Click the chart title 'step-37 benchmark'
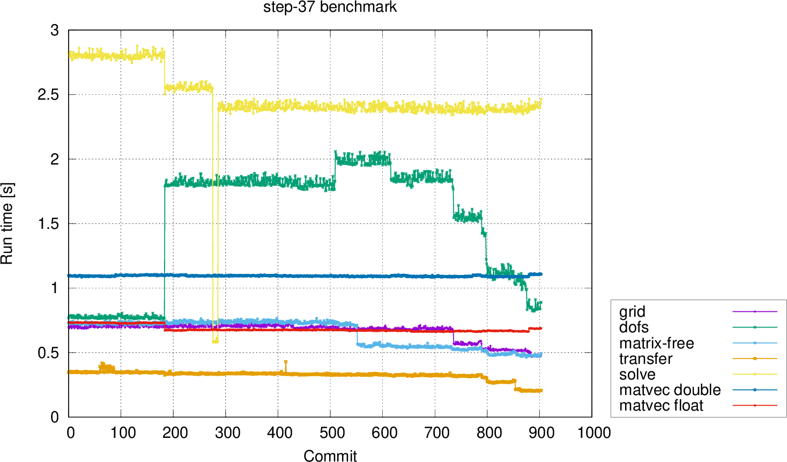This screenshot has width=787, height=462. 330,8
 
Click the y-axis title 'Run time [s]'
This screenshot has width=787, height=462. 7,223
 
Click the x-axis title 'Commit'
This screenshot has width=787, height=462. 330,455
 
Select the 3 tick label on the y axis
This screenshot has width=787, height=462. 54,31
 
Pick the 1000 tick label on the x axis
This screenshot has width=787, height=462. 593,433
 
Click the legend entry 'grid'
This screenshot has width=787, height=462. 632,311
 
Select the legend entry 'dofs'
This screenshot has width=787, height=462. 634,327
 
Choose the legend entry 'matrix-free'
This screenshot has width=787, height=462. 656,343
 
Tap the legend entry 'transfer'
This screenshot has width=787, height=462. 645,359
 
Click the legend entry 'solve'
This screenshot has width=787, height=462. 637,374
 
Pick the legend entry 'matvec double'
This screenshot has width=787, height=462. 670,390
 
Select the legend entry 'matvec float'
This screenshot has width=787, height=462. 661,405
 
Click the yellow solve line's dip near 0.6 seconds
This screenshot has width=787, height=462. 215,340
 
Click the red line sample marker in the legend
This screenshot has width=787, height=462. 754,405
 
